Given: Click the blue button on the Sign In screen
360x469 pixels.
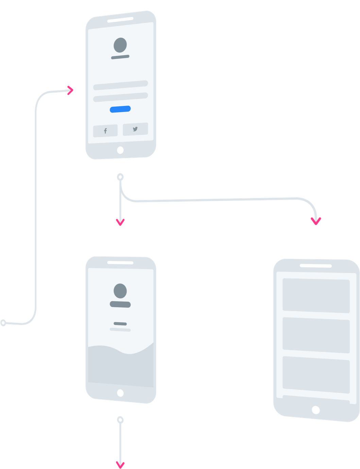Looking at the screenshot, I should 120,109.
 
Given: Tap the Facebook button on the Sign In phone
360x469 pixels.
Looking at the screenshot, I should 105,131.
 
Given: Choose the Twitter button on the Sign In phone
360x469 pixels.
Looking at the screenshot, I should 135,129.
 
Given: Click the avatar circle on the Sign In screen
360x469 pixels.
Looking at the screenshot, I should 120,45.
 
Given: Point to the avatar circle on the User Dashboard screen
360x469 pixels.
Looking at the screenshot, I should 120,291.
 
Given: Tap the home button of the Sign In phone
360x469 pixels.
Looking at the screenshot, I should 120,150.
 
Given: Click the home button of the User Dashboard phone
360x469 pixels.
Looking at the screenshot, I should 120,393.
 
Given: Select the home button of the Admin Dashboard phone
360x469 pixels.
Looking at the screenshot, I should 316,410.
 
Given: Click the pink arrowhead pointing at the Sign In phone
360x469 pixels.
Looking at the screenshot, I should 70,90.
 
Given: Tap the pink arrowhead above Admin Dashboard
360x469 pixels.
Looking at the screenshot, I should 316,221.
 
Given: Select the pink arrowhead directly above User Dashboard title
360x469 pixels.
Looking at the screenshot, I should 120,222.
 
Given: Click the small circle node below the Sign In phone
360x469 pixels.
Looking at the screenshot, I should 120,177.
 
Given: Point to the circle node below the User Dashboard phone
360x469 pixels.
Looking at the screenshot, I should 120,420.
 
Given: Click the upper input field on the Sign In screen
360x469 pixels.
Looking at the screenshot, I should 121,85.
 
